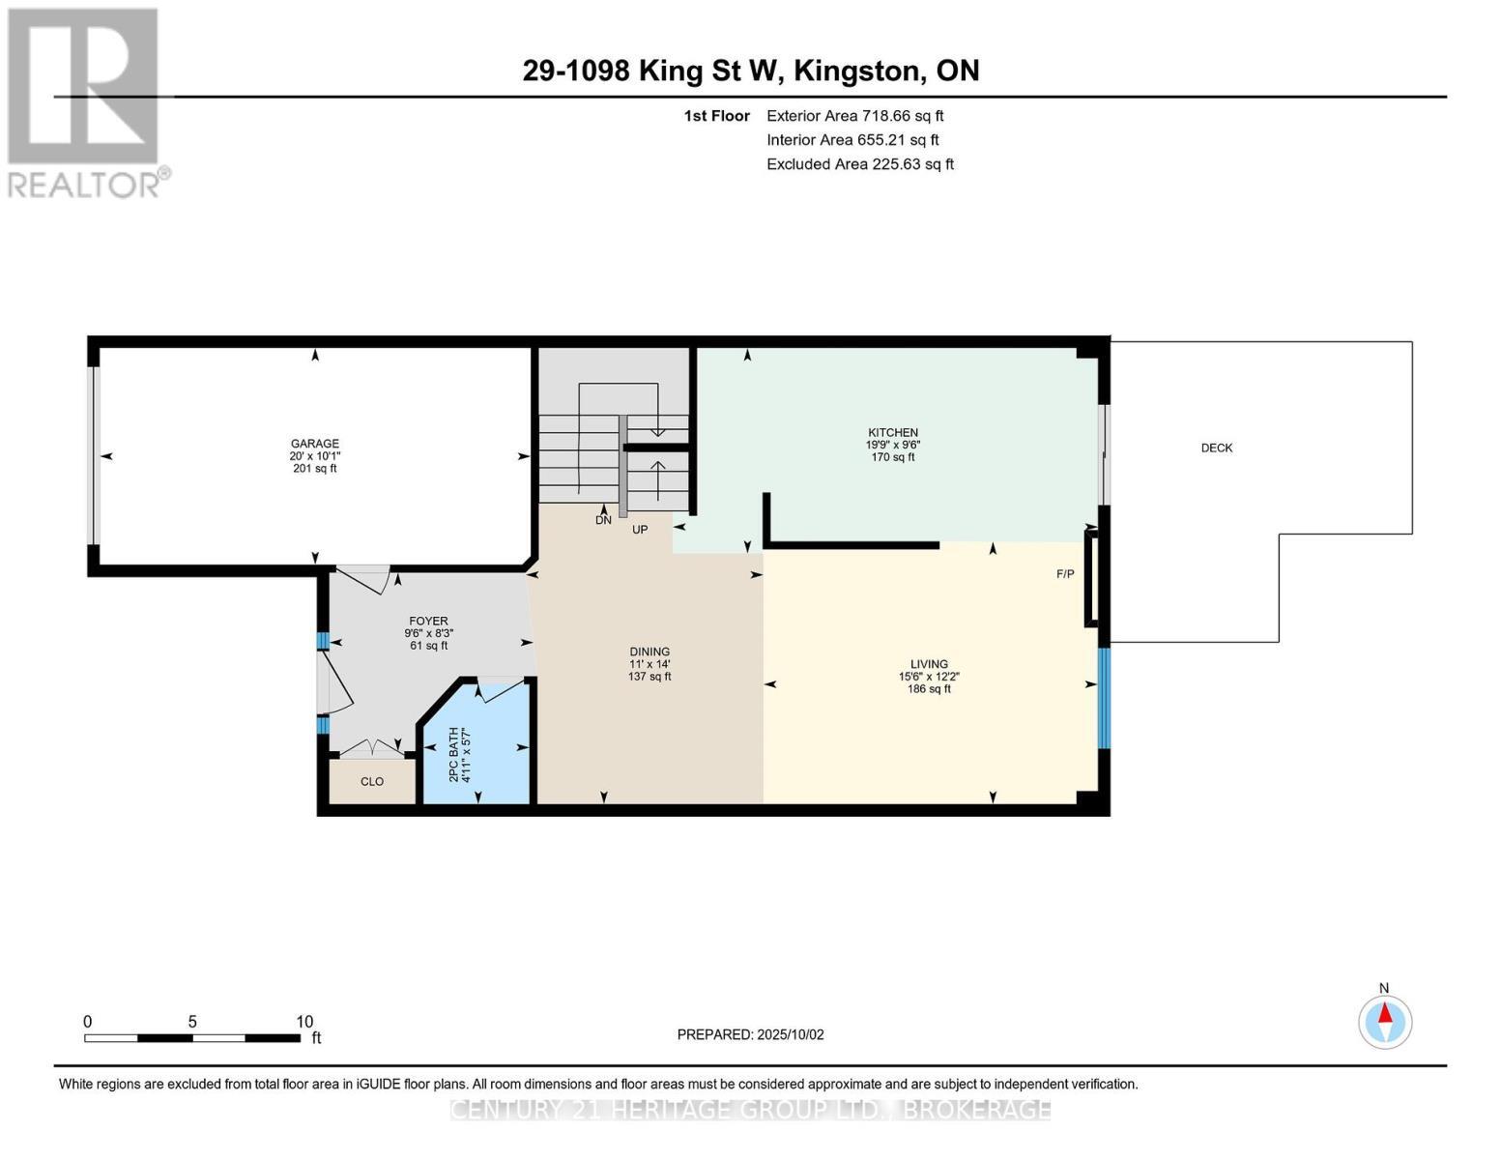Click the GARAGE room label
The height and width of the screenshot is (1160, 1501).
(x=314, y=444)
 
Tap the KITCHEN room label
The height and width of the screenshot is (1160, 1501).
(x=892, y=432)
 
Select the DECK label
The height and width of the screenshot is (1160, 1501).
(x=1216, y=448)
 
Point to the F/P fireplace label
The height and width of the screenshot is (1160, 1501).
(x=1064, y=574)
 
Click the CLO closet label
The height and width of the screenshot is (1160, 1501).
(x=372, y=781)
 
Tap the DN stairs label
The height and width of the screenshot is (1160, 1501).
(x=603, y=520)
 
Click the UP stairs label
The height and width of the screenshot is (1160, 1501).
(x=639, y=530)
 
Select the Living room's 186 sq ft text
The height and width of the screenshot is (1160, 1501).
(x=928, y=689)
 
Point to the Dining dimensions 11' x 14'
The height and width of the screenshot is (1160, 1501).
(x=649, y=664)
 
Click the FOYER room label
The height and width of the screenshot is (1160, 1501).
(x=428, y=622)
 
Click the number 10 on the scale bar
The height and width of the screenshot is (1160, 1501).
(x=304, y=1022)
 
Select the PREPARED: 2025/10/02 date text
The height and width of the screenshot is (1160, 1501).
(x=750, y=1034)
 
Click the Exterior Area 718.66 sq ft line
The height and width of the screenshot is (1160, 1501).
(x=854, y=116)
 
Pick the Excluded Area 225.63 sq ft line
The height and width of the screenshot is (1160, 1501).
(x=859, y=164)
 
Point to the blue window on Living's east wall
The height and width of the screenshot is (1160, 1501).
(x=1104, y=698)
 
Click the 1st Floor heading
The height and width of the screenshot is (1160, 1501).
(x=716, y=116)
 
